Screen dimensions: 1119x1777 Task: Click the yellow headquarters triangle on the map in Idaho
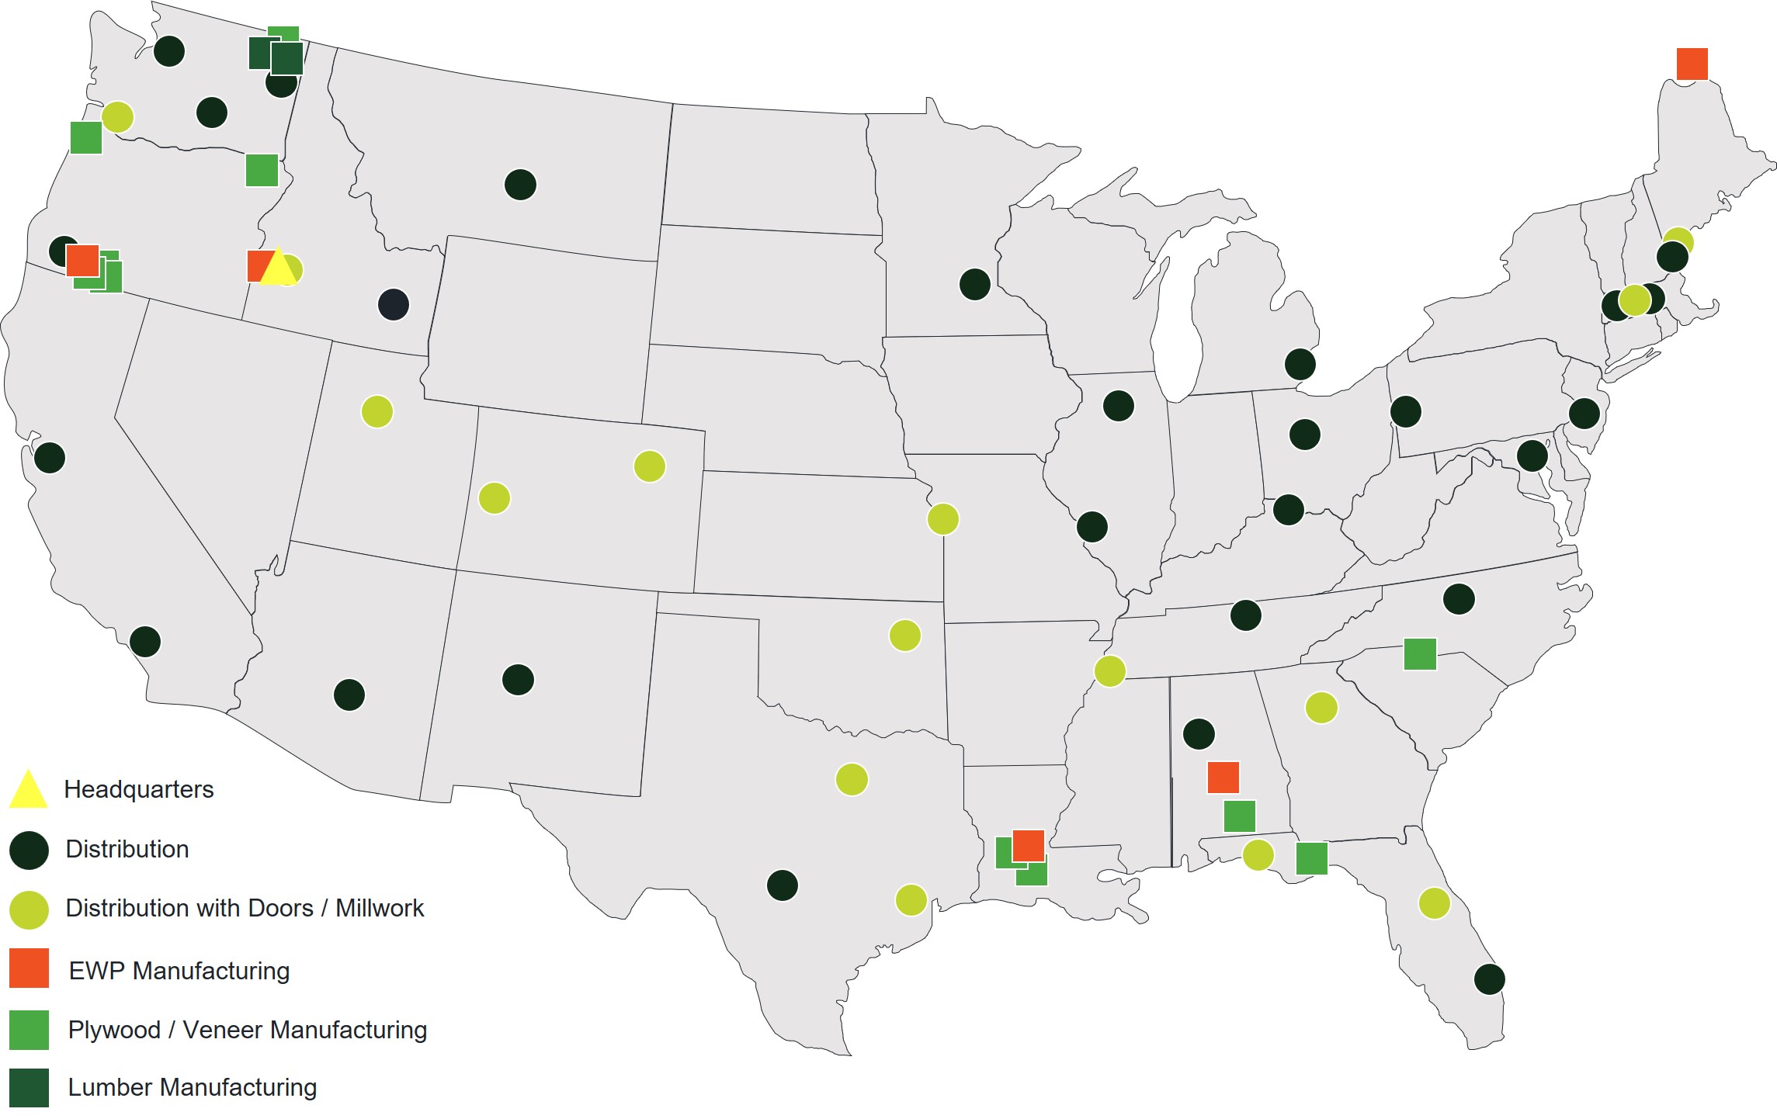click(x=277, y=268)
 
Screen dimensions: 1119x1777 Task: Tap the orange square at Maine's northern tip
click(x=1692, y=64)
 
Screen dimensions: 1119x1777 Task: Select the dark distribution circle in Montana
click(x=520, y=185)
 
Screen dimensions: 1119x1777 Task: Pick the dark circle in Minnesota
click(x=974, y=284)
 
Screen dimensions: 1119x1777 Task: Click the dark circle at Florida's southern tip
click(x=1489, y=979)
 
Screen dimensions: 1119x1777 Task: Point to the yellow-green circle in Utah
click(x=377, y=411)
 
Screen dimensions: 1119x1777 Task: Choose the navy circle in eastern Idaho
click(x=394, y=304)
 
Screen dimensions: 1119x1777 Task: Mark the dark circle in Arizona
click(x=349, y=695)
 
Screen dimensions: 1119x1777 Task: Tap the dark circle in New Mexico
click(x=518, y=680)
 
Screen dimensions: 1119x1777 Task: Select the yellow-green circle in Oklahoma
click(x=904, y=636)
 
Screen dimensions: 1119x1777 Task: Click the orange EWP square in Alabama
click(x=1223, y=777)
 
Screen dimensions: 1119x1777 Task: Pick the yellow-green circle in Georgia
click(x=1321, y=708)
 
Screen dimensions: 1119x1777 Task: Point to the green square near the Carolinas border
click(x=1420, y=653)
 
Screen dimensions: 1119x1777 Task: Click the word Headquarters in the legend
click(x=138, y=789)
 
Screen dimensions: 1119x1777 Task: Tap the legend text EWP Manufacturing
click(x=179, y=971)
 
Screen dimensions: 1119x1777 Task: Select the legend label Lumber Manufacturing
click(x=192, y=1087)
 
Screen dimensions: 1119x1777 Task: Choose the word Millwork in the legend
click(x=380, y=908)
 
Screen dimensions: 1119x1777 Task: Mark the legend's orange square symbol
click(x=29, y=968)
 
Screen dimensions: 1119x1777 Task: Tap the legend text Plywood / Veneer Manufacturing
click(x=247, y=1030)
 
